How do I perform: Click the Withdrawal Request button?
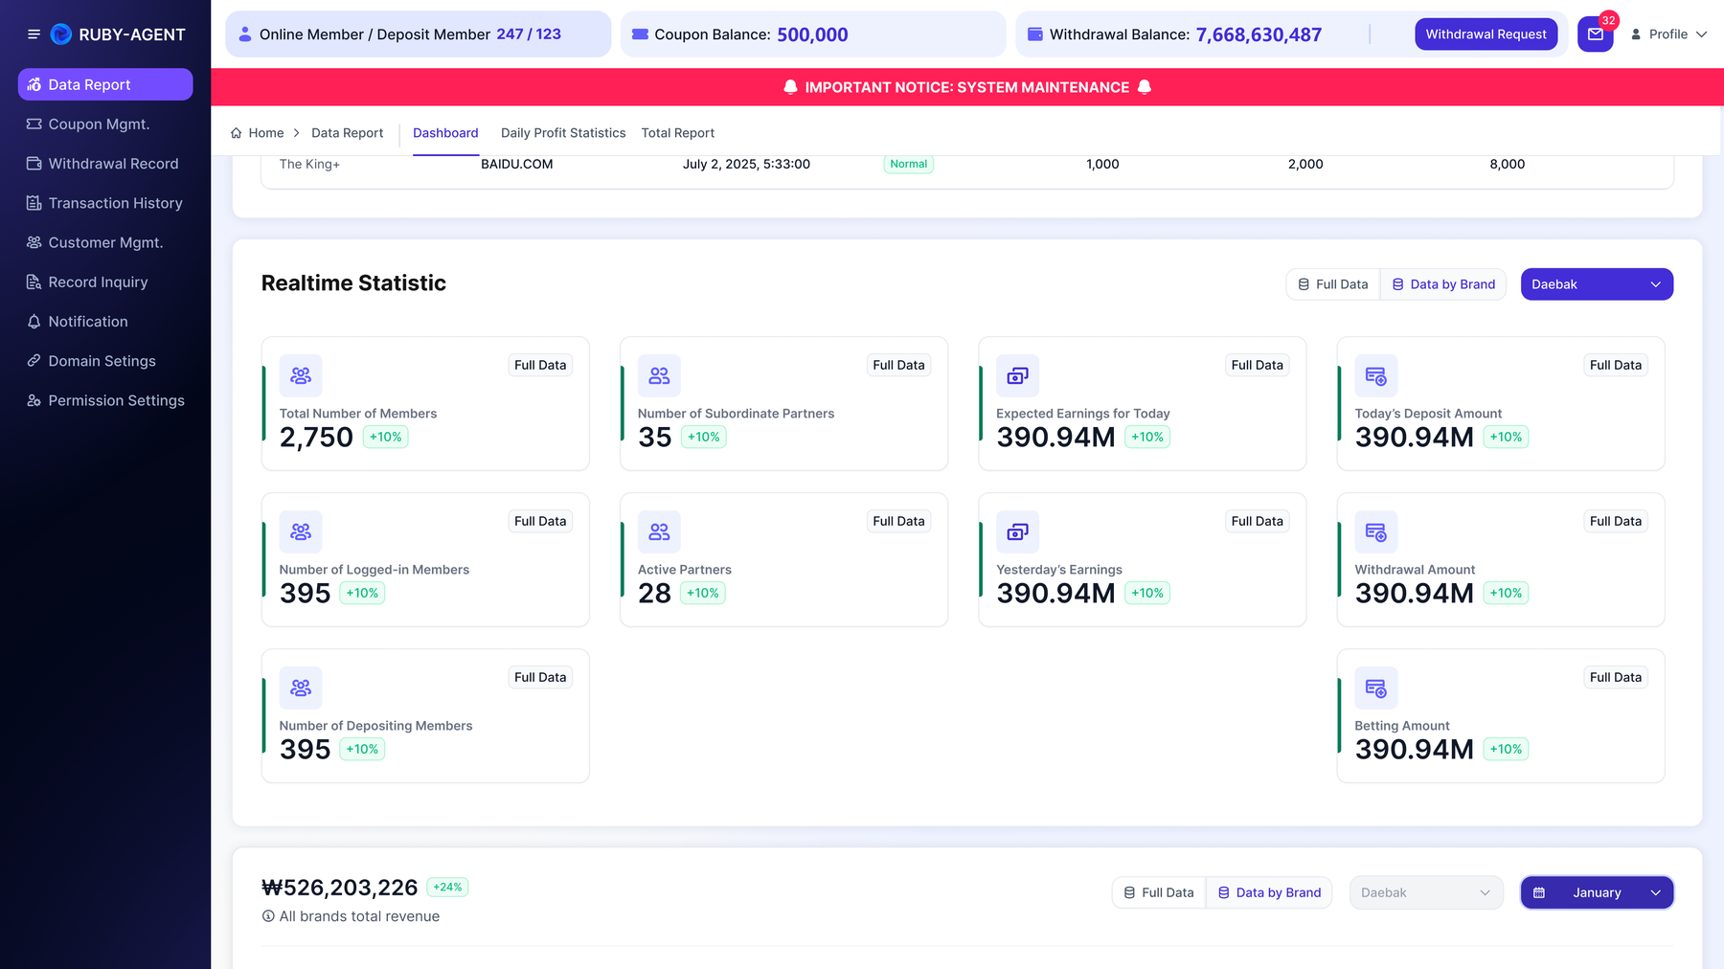pyautogui.click(x=1486, y=34)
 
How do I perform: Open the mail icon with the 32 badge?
pyautogui.click(x=1595, y=34)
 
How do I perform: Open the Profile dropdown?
pyautogui.click(x=1668, y=34)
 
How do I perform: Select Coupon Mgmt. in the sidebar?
pyautogui.click(x=99, y=124)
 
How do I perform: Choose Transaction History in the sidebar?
pyautogui.click(x=115, y=203)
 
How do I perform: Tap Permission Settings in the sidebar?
pyautogui.click(x=116, y=400)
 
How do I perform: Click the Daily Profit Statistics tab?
pyautogui.click(x=563, y=133)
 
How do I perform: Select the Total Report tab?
pyautogui.click(x=678, y=133)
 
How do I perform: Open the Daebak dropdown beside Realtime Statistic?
pyautogui.click(x=1597, y=284)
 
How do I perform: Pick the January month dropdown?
pyautogui.click(x=1597, y=892)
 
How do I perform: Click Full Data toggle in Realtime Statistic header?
pyautogui.click(x=1333, y=284)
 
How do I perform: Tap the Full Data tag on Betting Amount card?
pyautogui.click(x=1616, y=677)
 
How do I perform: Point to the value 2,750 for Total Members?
pyautogui.click(x=316, y=438)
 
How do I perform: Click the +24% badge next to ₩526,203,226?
pyautogui.click(x=447, y=888)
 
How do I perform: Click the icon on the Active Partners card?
pyautogui.click(x=659, y=531)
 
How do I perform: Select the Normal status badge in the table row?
pyautogui.click(x=908, y=164)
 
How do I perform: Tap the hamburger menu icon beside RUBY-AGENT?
pyautogui.click(x=34, y=34)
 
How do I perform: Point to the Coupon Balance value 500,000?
pyautogui.click(x=812, y=34)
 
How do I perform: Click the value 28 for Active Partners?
pyautogui.click(x=654, y=594)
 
